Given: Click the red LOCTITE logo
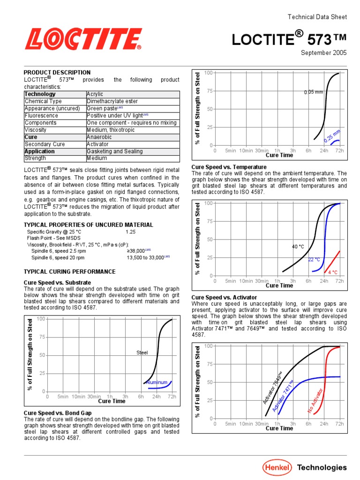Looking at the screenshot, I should tap(83, 39).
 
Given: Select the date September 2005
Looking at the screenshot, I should tap(323, 53).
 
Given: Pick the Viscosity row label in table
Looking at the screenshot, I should tap(36, 130).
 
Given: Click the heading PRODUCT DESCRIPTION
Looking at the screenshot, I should tap(57, 73).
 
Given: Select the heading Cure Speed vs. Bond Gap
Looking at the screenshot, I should tap(58, 413).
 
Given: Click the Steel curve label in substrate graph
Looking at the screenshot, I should tap(142, 352).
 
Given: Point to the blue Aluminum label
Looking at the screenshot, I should tap(157, 382).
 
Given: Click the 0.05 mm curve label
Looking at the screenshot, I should tap(313, 92).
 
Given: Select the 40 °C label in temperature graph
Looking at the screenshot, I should tap(298, 246).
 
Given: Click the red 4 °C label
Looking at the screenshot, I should tap(333, 272).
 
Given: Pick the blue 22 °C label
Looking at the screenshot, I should tap(314, 259).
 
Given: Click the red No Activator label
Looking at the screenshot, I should tap(315, 400).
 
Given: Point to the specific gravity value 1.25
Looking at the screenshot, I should tap(131, 232).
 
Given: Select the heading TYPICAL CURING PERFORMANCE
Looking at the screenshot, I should tap(69, 272).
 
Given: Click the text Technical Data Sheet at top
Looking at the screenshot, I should tap(317, 17).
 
